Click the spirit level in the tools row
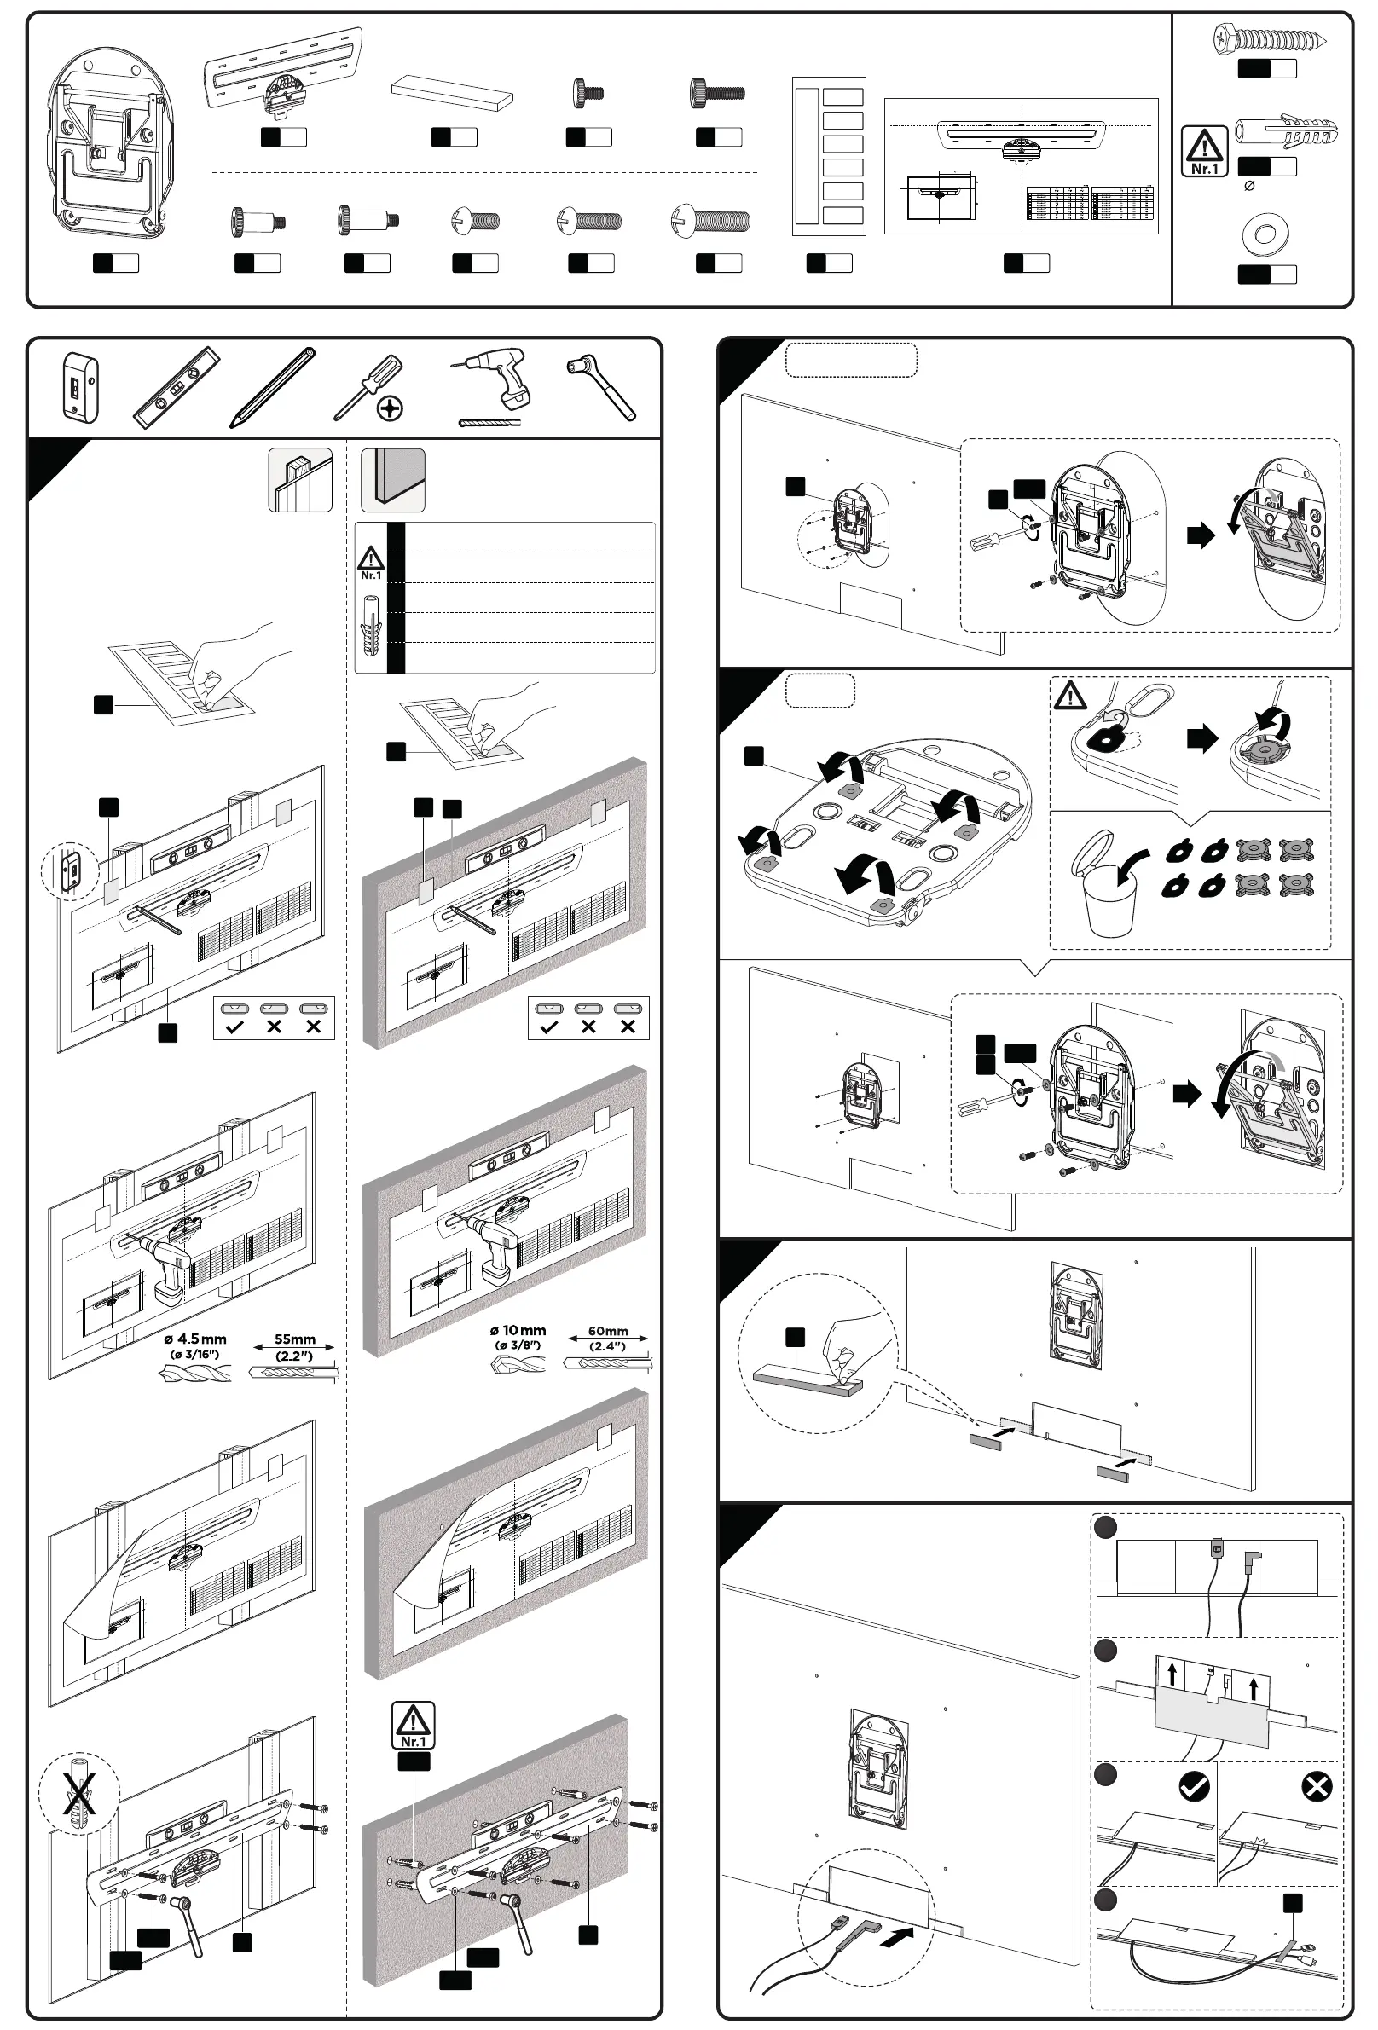pos(177,388)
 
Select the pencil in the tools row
pos(272,387)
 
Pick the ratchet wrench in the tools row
pos(601,387)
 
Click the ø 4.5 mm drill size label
pos(195,1339)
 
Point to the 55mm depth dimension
pos(294,1339)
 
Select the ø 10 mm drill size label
pos(518,1330)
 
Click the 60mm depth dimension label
pos(607,1331)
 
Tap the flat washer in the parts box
pos(1266,234)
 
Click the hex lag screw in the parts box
pos(1269,39)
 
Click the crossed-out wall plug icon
pos(78,1794)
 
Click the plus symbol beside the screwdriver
pos(390,408)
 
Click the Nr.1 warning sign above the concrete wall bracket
pos(414,1724)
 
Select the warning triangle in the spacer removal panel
pos(1069,697)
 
